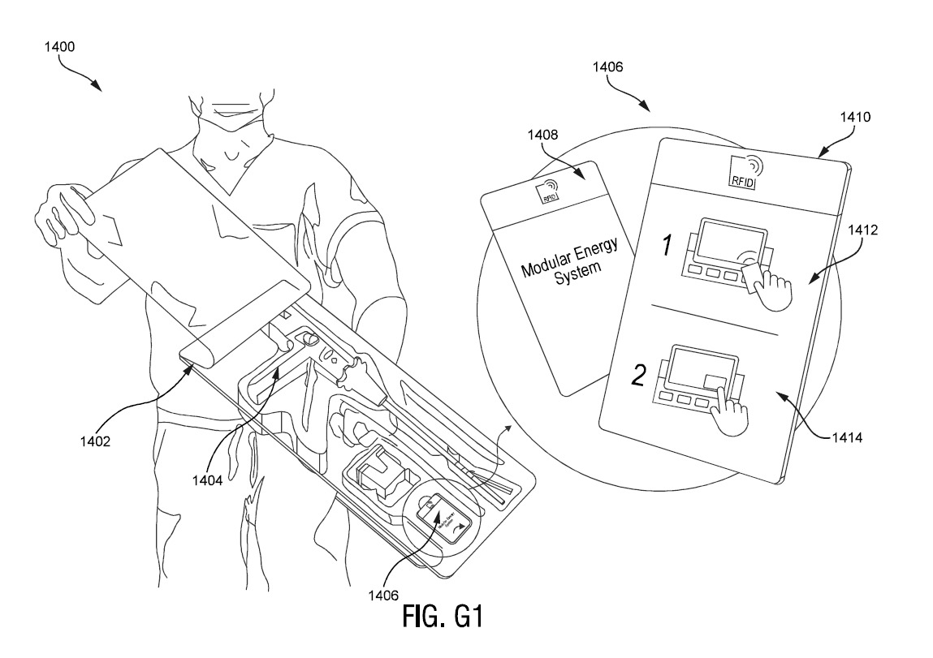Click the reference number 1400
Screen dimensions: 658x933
(59, 47)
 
